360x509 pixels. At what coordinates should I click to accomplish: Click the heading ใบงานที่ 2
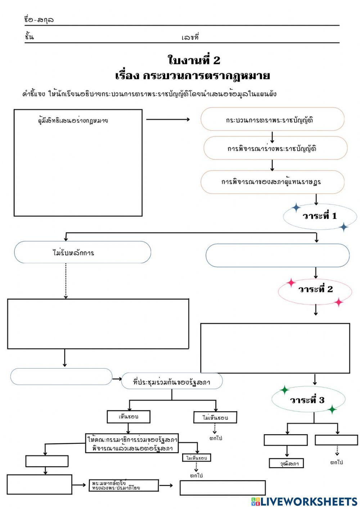pos(194,60)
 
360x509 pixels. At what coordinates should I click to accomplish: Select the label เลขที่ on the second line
pos(190,37)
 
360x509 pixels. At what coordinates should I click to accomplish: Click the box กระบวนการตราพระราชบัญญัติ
pos(272,120)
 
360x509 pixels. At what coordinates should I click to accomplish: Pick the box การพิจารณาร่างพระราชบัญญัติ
pos(275,148)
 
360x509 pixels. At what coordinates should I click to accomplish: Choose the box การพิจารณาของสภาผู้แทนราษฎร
pos(272,182)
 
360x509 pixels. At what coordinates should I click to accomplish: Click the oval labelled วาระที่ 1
pos(319,216)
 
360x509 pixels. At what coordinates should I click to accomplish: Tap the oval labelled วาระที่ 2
pos(315,289)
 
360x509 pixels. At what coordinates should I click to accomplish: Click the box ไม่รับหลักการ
pos(82,253)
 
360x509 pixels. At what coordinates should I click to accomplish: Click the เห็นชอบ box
pos(129,417)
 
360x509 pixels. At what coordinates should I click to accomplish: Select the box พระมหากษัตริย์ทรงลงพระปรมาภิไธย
pos(123,486)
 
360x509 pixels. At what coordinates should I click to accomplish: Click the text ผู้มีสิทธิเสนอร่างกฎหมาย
pos(73,121)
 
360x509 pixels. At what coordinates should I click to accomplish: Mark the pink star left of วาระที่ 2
pos(291,283)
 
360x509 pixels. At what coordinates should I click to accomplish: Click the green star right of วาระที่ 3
pos(332,409)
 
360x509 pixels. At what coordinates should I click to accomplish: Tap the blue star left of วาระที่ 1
pos(296,207)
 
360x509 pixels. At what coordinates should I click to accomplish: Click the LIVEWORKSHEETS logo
pos(304,501)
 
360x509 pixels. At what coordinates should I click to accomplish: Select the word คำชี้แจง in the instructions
pos(33,94)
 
